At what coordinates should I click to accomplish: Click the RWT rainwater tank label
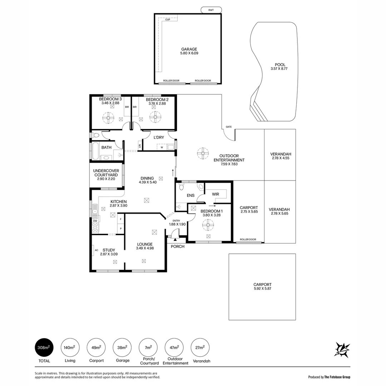[211, 10]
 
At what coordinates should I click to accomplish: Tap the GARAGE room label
[189, 49]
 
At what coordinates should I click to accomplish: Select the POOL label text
[280, 65]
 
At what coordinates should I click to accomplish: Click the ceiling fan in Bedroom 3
[108, 117]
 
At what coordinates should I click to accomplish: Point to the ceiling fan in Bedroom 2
[155, 117]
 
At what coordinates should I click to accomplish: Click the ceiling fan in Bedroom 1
[208, 225]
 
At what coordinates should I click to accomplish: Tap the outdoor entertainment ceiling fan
[203, 153]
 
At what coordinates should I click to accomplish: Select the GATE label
[229, 127]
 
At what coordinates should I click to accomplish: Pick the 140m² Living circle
[70, 347]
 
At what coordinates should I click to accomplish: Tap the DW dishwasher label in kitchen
[95, 221]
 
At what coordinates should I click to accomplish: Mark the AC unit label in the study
[96, 250]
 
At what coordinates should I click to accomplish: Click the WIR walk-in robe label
[216, 194]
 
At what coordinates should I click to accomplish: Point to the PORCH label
[178, 246]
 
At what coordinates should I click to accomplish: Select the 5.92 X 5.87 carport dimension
[262, 289]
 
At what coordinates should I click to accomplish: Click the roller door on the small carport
[249, 243]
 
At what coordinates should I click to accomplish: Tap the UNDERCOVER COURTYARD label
[106, 173]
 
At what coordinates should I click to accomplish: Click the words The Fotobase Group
[337, 377]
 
